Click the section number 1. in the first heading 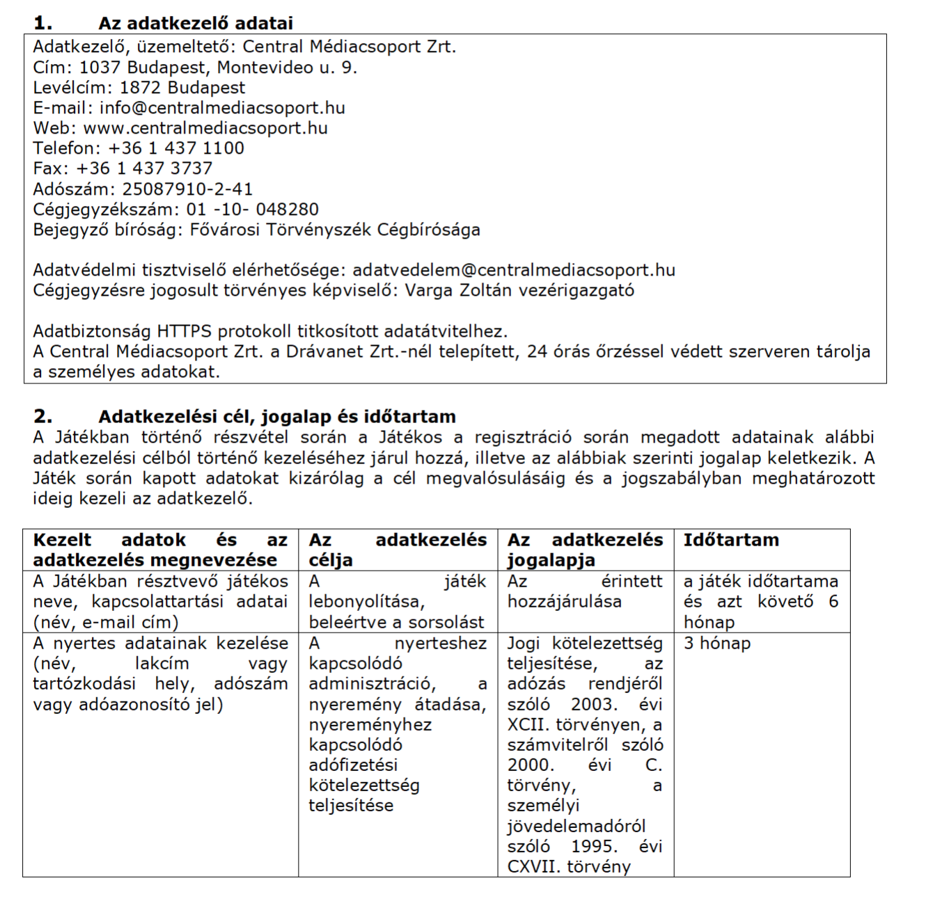pos(42,23)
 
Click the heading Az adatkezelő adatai pos(195,23)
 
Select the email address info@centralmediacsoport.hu pos(222,108)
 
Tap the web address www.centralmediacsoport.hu pos(205,128)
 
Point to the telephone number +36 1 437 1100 pos(176,148)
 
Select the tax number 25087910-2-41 pos(187,189)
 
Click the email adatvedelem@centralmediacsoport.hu pos(514,270)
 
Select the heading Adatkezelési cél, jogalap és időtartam pos(277,417)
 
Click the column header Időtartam pos(731,540)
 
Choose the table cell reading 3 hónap pos(716,643)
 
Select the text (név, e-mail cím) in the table pos(106,622)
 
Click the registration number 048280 pos(287,209)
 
